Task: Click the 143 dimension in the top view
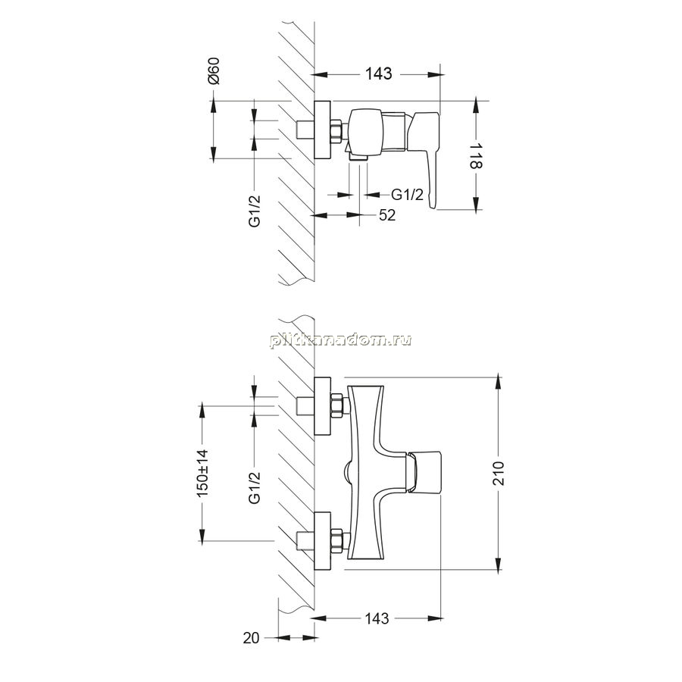click(x=378, y=74)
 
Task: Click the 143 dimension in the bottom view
click(x=377, y=618)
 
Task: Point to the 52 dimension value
click(x=386, y=215)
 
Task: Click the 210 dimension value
click(x=499, y=474)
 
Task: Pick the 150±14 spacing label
click(x=203, y=473)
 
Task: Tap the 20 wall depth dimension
click(x=251, y=638)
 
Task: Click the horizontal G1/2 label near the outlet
click(x=407, y=195)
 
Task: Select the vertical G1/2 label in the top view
click(x=255, y=211)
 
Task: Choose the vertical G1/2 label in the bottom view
click(x=255, y=487)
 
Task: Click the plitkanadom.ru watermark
click(x=340, y=339)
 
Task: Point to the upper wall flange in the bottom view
click(x=322, y=406)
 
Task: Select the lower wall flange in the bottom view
click(x=322, y=540)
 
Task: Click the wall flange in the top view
click(x=322, y=130)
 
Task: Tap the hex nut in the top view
click(x=336, y=130)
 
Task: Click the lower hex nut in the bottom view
click(x=336, y=540)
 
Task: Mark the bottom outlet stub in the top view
click(x=358, y=160)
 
